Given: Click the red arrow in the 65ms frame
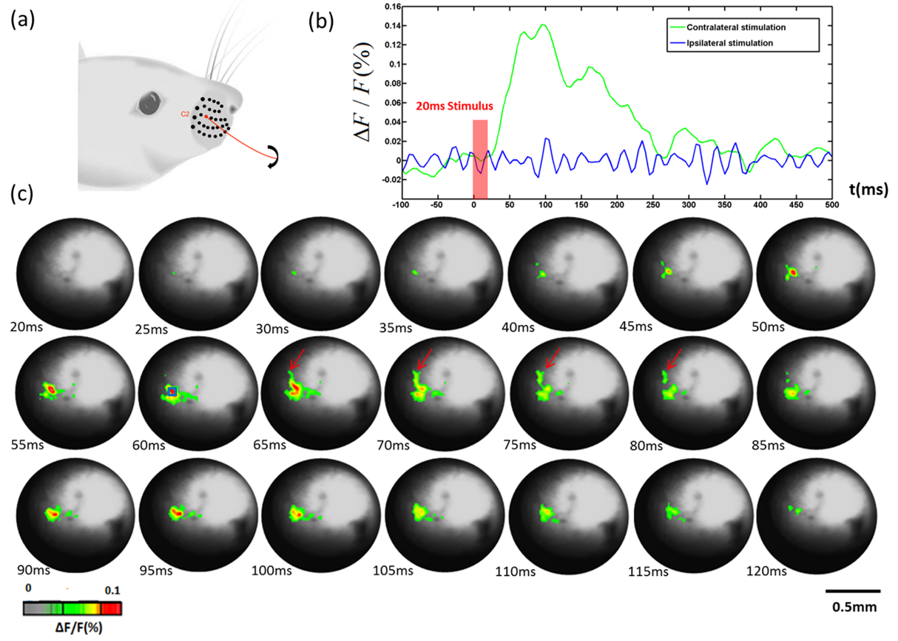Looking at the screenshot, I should pos(297,360).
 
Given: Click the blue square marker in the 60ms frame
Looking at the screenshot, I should pos(172,392).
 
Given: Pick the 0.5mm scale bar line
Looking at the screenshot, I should pos(852,591).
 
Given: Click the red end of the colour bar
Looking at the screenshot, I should pos(112,608).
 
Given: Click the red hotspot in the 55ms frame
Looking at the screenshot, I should pos(50,388).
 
